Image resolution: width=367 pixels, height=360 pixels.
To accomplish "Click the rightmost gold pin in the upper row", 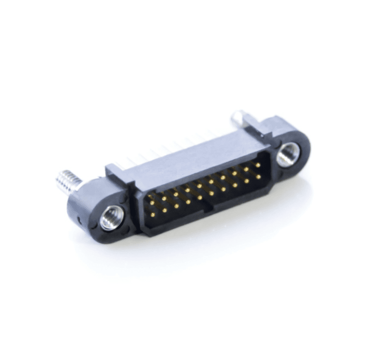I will pyautogui.click(x=257, y=165).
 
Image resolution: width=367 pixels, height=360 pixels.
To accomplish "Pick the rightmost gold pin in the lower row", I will pyautogui.click(x=258, y=176).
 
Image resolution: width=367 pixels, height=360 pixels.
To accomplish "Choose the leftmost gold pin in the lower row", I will pyautogui.click(x=152, y=214).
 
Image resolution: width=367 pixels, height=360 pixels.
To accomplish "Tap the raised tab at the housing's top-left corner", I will pyautogui.click(x=112, y=168).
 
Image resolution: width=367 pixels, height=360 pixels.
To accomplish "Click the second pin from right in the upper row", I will pyautogui.click(x=246, y=169).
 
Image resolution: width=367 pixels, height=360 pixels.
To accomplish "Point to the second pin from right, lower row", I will pyautogui.click(x=247, y=181).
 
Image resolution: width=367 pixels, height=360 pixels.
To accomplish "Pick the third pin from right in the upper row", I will pyautogui.click(x=234, y=173).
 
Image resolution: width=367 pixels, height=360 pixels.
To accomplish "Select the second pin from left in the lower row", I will pyautogui.click(x=164, y=210).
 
